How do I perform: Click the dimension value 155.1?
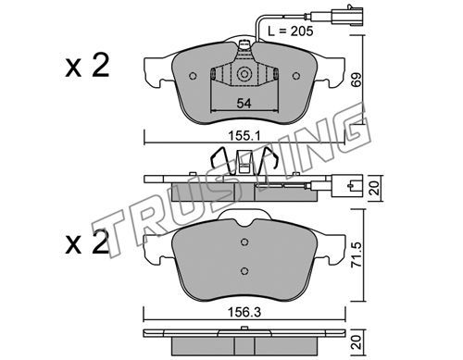(244, 135)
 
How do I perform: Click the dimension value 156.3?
(244, 313)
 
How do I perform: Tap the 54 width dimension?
(244, 104)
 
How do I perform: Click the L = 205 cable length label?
(290, 31)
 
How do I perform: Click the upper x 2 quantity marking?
(87, 65)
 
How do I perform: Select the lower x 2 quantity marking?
(87, 242)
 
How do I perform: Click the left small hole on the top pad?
(193, 76)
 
